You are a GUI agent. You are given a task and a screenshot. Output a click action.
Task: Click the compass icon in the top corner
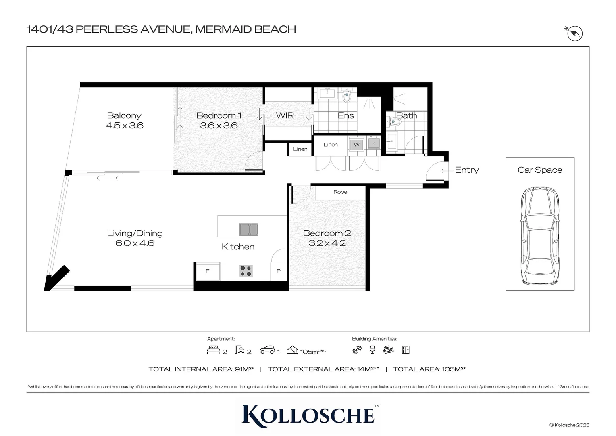click(575, 34)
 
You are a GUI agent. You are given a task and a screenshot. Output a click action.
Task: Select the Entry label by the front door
click(466, 170)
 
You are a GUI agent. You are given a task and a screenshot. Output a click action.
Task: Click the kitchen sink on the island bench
click(249, 229)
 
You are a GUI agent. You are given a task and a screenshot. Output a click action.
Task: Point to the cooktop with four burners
click(246, 271)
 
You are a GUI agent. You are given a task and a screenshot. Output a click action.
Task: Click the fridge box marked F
click(208, 271)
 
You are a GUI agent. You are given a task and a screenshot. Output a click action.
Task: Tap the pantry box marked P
click(278, 271)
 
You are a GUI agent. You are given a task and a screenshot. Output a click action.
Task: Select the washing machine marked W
click(357, 145)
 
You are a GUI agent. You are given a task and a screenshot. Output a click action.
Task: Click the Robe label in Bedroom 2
click(340, 192)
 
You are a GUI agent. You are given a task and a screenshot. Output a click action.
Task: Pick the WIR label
click(285, 115)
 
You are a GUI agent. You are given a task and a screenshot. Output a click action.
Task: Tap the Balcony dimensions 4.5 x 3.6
click(124, 126)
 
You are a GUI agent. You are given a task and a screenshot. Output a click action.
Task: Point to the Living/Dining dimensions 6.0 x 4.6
click(135, 243)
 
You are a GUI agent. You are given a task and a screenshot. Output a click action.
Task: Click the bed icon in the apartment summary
click(213, 350)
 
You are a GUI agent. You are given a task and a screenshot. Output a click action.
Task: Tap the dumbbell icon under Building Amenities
click(357, 350)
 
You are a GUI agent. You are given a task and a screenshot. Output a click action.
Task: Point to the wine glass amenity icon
click(372, 350)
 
